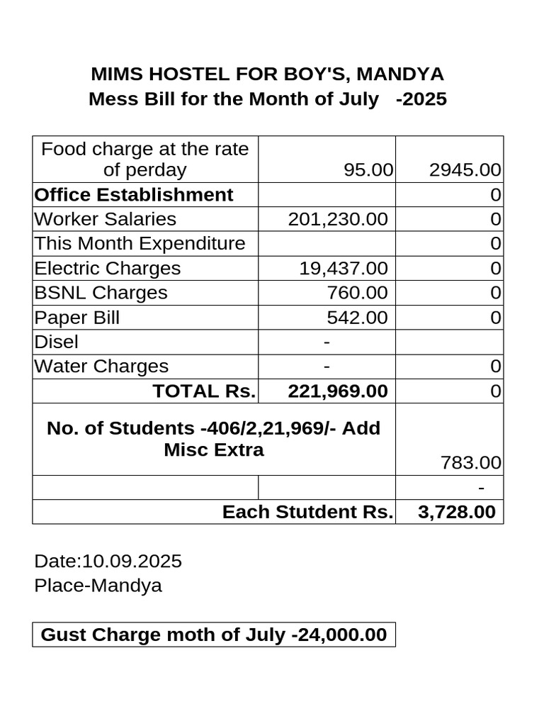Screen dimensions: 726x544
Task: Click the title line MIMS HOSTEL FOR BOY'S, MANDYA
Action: click(268, 74)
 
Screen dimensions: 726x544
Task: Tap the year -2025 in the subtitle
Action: click(421, 99)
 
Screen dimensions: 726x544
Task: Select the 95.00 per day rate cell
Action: click(367, 170)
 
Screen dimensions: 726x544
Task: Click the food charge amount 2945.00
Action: click(465, 170)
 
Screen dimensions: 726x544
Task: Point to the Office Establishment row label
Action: click(134, 195)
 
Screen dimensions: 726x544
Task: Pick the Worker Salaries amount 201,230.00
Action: click(338, 219)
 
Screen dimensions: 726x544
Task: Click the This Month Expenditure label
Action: click(140, 244)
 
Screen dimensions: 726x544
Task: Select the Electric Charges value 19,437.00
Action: click(343, 269)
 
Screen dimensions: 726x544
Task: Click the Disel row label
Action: click(57, 342)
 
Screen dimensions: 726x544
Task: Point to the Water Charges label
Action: click(101, 367)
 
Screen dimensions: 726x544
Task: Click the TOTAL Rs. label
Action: click(204, 391)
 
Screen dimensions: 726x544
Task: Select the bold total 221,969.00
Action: click(338, 391)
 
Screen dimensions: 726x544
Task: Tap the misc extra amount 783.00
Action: click(470, 464)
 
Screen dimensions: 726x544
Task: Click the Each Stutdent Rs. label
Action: click(307, 512)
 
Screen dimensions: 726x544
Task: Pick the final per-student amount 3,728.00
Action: click(457, 512)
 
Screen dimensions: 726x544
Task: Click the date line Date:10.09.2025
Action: click(108, 562)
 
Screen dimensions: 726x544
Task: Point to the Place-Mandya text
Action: click(98, 586)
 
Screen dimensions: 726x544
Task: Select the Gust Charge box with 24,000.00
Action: click(214, 635)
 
